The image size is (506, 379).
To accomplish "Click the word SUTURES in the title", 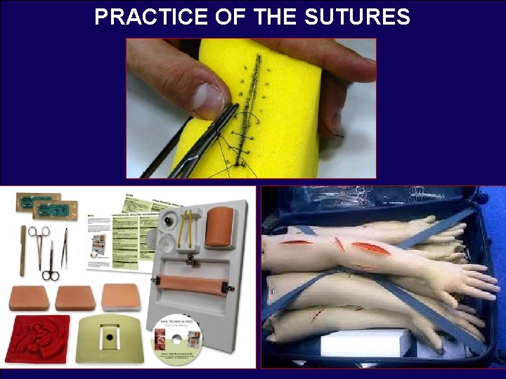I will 358,17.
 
